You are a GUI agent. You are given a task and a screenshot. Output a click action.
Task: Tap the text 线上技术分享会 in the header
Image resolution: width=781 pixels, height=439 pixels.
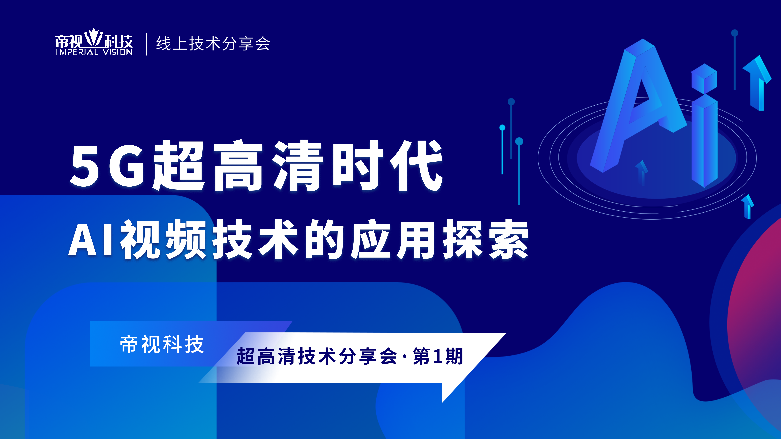point(213,44)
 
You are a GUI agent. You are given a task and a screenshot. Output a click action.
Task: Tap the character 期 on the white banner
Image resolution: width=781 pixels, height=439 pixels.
point(454,356)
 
